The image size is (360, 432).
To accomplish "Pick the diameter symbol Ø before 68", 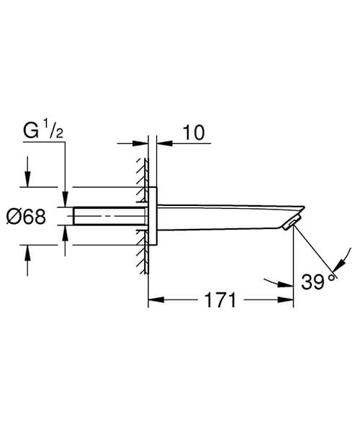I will (18, 217).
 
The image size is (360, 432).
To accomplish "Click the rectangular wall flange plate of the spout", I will (152, 217).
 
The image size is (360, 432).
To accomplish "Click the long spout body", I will (223, 215).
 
